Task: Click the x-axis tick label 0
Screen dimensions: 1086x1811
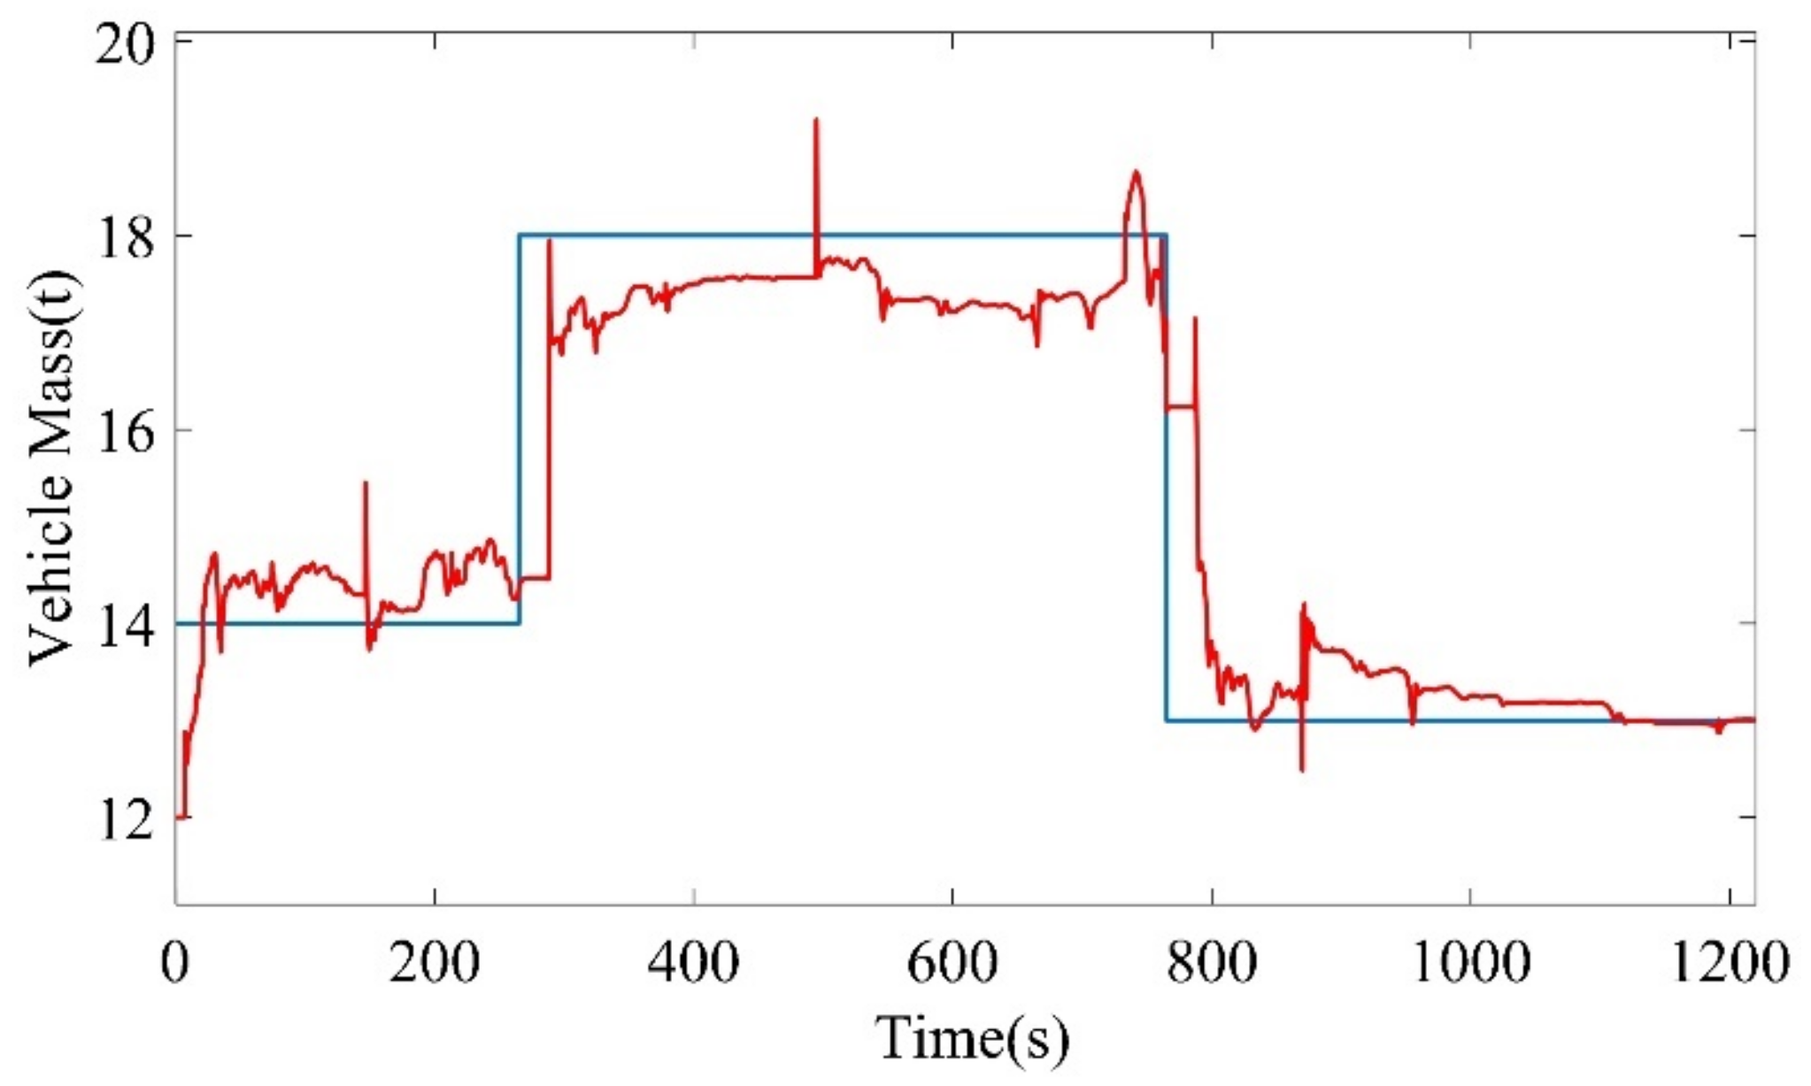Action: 175,961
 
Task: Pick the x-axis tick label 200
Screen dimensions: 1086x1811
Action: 434,961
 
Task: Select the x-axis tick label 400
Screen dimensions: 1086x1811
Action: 693,961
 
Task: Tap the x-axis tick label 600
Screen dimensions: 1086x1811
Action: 952,961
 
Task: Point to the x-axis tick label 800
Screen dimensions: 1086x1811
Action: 1210,961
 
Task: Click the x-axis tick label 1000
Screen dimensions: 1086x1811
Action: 1469,961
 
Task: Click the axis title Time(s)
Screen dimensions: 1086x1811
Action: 972,1037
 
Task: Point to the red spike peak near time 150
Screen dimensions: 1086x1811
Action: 366,483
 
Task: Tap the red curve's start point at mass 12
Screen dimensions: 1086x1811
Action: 178,817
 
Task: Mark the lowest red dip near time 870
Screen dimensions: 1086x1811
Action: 1301,770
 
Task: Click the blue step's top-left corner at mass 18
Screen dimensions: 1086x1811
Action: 520,235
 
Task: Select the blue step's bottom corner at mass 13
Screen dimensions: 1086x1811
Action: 1167,720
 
